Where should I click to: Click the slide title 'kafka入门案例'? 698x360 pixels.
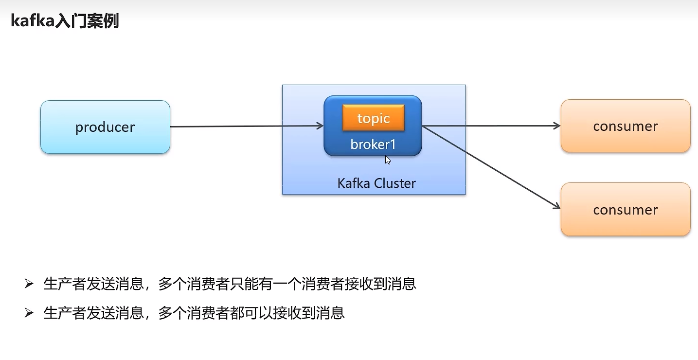tap(65, 21)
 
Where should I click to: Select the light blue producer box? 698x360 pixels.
tap(106, 127)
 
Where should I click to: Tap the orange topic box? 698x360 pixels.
tap(373, 118)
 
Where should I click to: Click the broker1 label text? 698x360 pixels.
tap(373, 144)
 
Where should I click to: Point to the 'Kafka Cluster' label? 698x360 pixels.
tap(376, 183)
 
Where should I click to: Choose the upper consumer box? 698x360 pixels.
tap(626, 126)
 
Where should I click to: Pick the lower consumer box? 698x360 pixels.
tap(626, 209)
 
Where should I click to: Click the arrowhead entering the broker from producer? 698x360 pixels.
tap(321, 126)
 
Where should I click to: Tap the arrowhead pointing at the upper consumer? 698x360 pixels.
tap(557, 126)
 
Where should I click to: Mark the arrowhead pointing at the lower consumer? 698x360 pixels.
tap(557, 206)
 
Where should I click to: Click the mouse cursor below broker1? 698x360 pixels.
tap(388, 160)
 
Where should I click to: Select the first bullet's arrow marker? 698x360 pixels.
tap(29, 284)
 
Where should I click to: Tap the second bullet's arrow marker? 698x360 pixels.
tap(29, 313)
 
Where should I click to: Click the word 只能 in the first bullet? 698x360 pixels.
tap(244, 284)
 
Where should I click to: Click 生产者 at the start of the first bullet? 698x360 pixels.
tap(65, 284)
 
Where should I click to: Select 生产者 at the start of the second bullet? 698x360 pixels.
tap(65, 313)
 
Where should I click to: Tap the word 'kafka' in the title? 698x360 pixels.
tap(33, 21)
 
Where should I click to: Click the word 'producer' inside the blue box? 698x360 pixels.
tap(105, 127)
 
